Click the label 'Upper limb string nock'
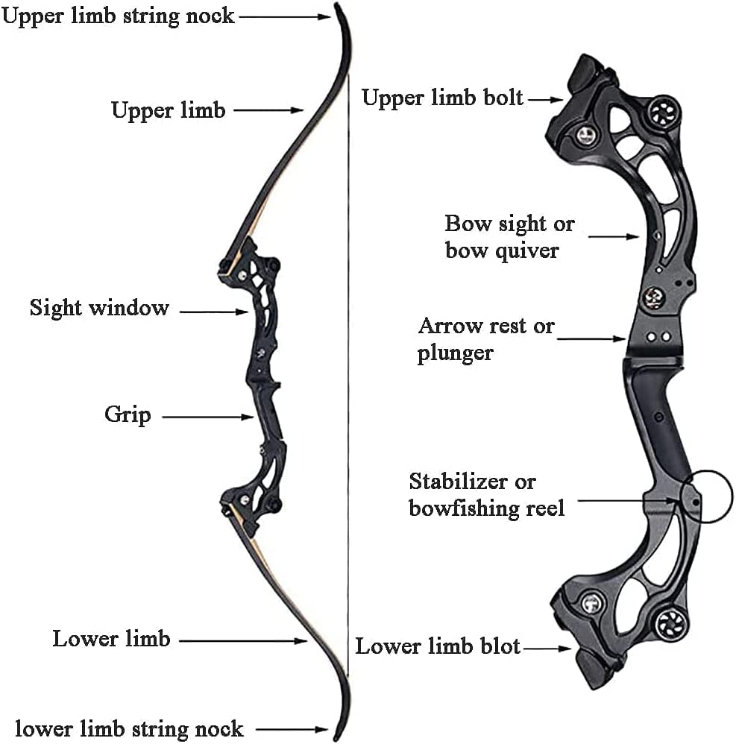click(x=118, y=16)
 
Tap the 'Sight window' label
click(x=99, y=307)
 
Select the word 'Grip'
click(x=128, y=414)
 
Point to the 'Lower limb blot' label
click(x=438, y=646)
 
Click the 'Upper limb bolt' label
click(x=442, y=98)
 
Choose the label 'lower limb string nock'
click(x=129, y=728)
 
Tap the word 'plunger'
click(x=455, y=353)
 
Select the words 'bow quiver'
click(x=502, y=251)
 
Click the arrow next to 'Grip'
click(x=208, y=417)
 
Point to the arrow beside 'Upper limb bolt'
click(x=546, y=100)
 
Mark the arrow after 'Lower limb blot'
click(x=547, y=648)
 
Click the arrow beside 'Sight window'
click(x=214, y=312)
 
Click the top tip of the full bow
click(x=336, y=4)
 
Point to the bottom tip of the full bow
click(x=336, y=740)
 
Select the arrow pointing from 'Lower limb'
click(x=243, y=641)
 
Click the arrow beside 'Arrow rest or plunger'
click(x=591, y=338)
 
